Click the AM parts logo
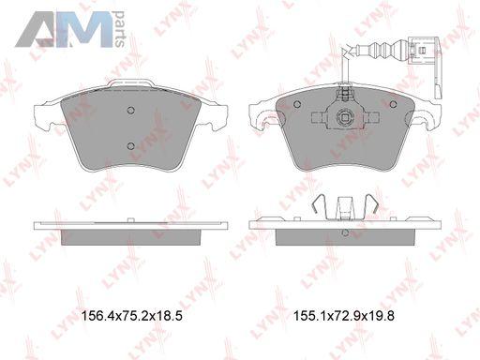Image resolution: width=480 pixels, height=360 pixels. [x=70, y=29]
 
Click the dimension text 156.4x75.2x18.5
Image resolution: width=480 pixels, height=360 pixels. [x=131, y=316]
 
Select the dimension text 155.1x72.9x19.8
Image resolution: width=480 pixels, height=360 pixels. [x=344, y=316]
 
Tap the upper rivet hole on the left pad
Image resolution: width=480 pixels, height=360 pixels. [x=131, y=110]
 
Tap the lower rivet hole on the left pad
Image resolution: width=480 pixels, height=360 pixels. [x=131, y=145]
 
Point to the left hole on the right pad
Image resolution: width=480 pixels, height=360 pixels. [x=297, y=104]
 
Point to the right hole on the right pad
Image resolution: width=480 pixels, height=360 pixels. [x=393, y=104]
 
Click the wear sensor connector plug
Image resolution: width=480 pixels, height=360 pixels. [x=424, y=51]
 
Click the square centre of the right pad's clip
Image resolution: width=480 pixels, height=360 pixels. [x=345, y=118]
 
